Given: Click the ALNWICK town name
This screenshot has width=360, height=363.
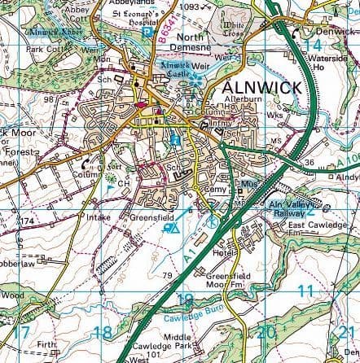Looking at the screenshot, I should tap(258, 88).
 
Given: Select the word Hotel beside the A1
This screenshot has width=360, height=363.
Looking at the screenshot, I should tap(223, 253).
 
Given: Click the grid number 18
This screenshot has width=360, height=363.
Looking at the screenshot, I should tap(102, 332).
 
